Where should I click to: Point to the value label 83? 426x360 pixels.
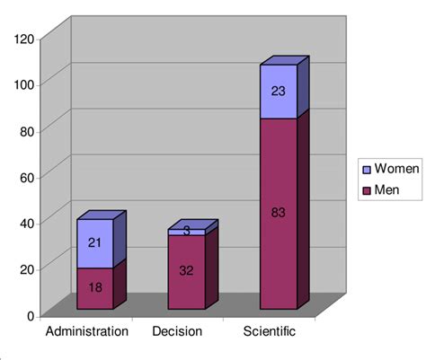[x=278, y=213]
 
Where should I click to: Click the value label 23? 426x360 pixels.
[x=278, y=91]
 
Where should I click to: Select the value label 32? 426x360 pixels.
[x=186, y=270]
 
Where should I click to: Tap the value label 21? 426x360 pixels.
[x=95, y=242]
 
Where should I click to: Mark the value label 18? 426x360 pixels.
[x=95, y=287]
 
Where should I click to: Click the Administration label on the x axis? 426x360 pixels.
[x=87, y=332]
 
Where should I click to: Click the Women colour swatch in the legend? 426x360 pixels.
[x=366, y=168]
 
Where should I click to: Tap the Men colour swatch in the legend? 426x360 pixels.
[x=366, y=190]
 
